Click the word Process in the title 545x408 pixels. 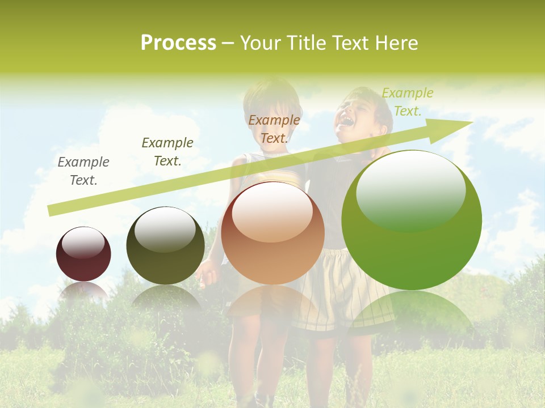click(178, 43)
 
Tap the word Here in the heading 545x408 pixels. click(398, 43)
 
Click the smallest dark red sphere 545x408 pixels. click(83, 254)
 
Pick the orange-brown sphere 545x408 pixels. click(272, 233)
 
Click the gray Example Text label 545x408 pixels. click(83, 171)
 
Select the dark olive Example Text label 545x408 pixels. click(167, 152)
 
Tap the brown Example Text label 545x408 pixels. click(274, 129)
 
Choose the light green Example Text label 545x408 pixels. click(407, 102)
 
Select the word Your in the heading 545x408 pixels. click(259, 43)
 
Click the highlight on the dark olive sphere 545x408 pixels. click(165, 228)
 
